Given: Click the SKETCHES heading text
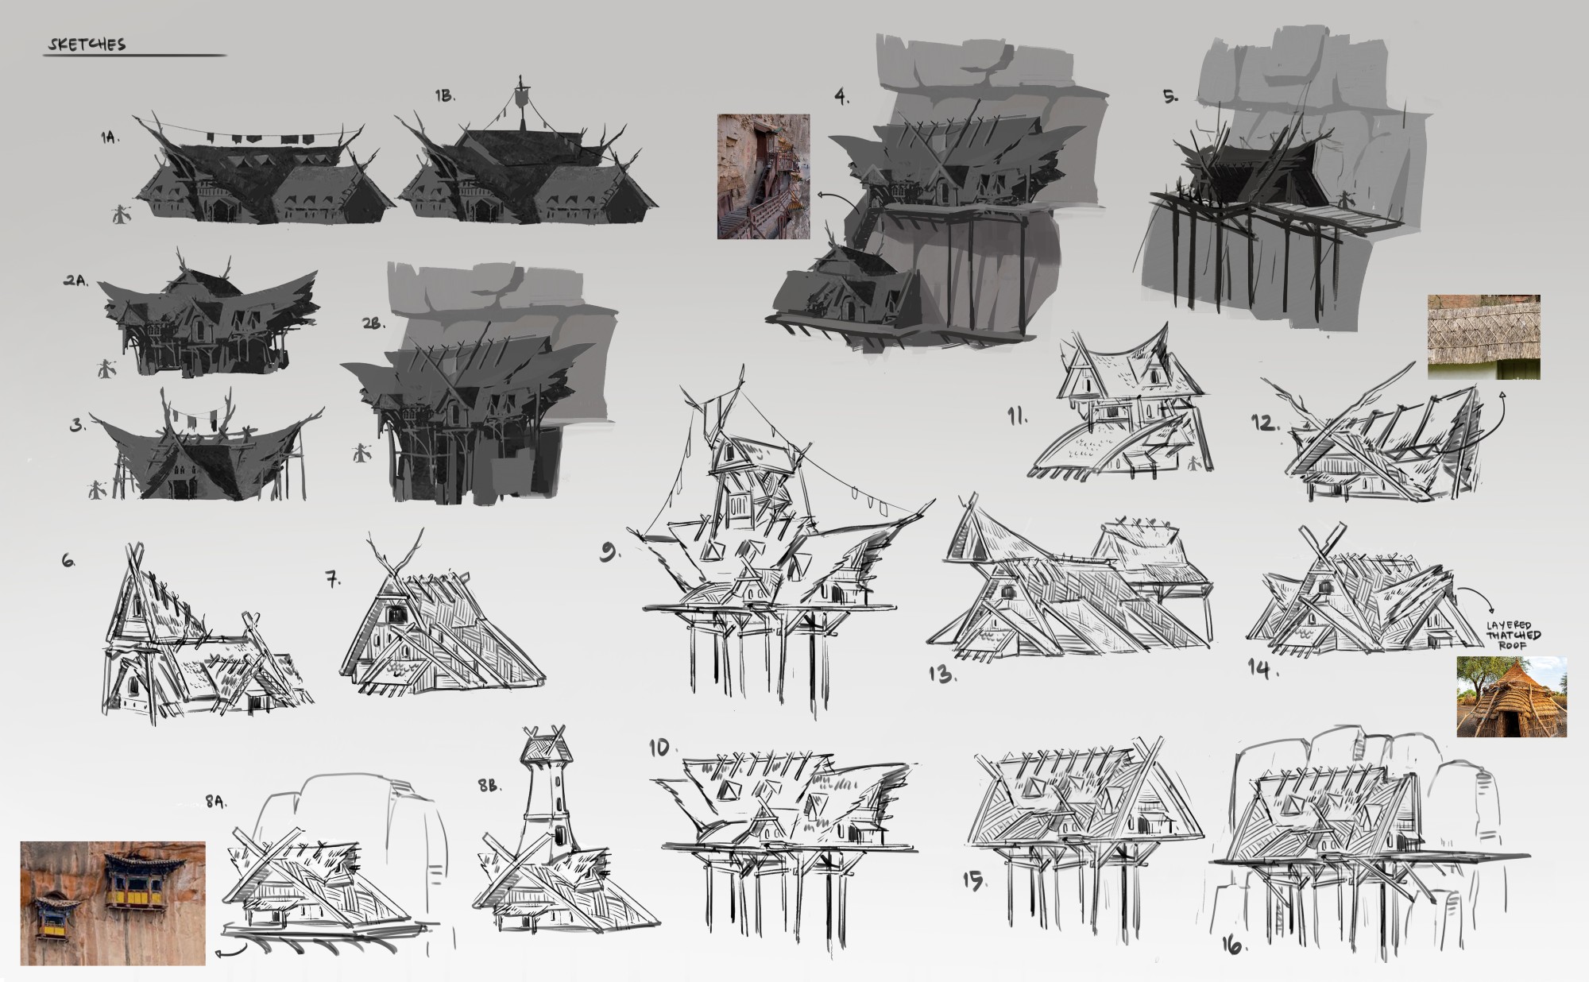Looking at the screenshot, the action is tap(86, 44).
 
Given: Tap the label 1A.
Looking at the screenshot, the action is tap(110, 138).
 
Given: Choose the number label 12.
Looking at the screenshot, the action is tap(1265, 423).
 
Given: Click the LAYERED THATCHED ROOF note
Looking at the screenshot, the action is tap(1514, 636).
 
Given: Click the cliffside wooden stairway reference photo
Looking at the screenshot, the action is tap(764, 176).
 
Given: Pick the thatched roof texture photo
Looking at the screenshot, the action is tap(1484, 337).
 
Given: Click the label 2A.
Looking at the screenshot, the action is tap(78, 281).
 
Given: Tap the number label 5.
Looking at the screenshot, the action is tap(1170, 96).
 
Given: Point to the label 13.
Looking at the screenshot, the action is tap(942, 675).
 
